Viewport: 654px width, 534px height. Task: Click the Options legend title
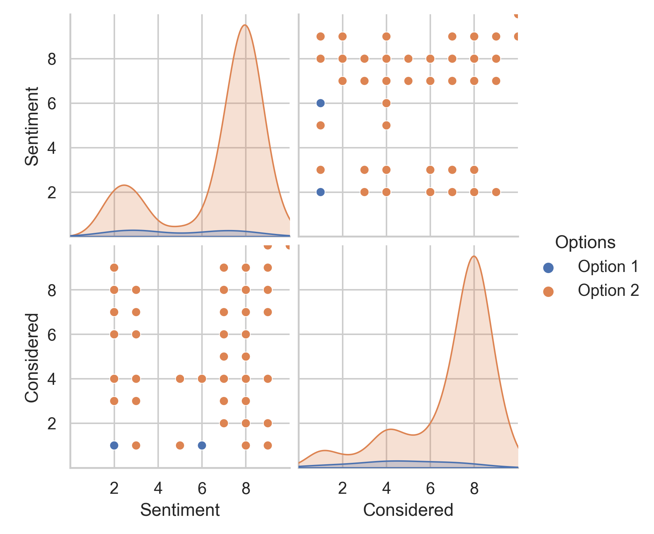[585, 242]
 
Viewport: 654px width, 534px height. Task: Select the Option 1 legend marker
[548, 268]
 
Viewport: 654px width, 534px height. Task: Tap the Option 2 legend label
[608, 291]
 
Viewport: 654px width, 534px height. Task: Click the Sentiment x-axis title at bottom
[180, 510]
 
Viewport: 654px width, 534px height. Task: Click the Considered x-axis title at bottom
[408, 510]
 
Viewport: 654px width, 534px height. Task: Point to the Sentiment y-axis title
[32, 126]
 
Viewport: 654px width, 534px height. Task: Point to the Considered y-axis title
[32, 357]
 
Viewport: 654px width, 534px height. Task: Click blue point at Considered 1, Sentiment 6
[321, 103]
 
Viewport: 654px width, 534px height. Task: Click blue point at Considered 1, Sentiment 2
[321, 192]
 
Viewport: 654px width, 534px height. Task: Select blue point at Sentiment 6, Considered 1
[202, 445]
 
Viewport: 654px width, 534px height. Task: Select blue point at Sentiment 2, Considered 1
[114, 445]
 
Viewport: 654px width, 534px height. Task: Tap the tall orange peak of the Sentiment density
[245, 25]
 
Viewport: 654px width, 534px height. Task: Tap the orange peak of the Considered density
[474, 256]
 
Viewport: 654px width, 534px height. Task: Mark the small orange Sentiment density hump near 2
[124, 185]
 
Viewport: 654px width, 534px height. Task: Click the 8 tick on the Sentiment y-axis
[52, 59]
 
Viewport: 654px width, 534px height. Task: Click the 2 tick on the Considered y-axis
[52, 424]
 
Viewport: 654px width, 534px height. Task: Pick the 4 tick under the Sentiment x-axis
[158, 488]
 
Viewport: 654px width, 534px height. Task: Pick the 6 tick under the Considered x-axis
[430, 488]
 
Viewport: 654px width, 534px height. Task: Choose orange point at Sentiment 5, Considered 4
[180, 379]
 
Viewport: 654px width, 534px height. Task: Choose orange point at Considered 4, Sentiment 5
[386, 125]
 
